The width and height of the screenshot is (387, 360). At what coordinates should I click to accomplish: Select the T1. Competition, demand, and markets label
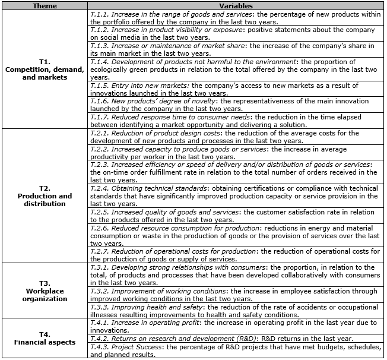click(x=45, y=70)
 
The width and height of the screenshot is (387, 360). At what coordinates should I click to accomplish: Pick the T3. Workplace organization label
click(x=45, y=291)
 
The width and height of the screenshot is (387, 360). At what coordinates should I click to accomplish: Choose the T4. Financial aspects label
click(x=45, y=338)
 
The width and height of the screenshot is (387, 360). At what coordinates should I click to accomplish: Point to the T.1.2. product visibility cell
click(x=236, y=33)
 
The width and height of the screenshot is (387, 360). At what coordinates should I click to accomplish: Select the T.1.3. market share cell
click(x=236, y=49)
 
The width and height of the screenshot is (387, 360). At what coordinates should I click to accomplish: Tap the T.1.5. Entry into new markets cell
click(x=236, y=90)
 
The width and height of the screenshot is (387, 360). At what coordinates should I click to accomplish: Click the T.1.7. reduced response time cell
click(x=236, y=121)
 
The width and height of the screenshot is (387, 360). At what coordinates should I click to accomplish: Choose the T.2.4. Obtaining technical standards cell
click(x=236, y=196)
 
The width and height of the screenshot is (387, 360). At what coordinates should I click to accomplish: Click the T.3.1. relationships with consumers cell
click(x=236, y=275)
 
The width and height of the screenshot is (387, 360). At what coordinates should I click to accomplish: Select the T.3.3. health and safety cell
click(x=236, y=311)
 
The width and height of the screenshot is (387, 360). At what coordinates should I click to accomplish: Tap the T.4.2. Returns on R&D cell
click(x=236, y=339)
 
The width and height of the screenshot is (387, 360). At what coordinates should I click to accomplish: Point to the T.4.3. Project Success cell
click(x=236, y=350)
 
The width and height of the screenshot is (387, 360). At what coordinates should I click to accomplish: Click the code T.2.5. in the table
click(x=100, y=212)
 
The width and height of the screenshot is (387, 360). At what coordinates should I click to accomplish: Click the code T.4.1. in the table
click(x=100, y=323)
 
